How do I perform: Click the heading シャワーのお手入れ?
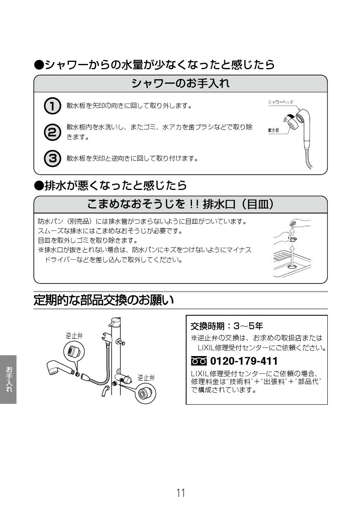tap(180, 83)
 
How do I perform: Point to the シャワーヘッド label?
tap(281, 102)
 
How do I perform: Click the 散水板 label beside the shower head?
tap(273, 129)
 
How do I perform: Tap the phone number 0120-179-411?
tap(244, 361)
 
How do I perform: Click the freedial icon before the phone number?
tap(199, 361)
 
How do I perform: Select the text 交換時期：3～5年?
tap(226, 326)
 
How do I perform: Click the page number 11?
tap(181, 492)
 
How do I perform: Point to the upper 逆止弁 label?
tap(74, 335)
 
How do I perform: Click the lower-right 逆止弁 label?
tap(146, 377)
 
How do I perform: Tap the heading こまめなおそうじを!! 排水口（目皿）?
tap(180, 204)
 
